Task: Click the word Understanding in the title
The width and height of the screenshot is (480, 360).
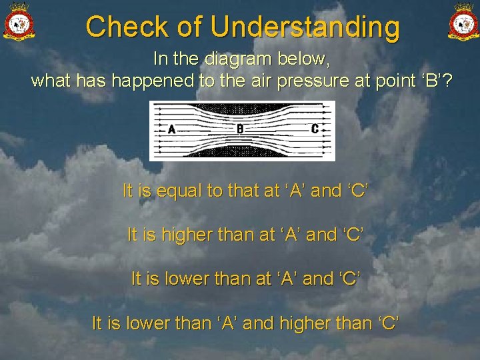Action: pos(305,28)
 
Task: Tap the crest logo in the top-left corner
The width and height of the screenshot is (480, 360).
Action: pos(19,21)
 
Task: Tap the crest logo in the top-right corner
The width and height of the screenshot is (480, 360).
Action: pos(463,21)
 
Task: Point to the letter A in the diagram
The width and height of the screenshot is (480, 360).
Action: pos(172,129)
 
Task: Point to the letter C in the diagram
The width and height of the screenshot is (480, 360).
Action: pos(315,129)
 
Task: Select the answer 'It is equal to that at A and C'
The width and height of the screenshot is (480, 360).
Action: pos(245,191)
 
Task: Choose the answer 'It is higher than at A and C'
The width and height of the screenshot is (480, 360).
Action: pos(245,235)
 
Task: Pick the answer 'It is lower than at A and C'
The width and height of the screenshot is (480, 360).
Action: pos(245,279)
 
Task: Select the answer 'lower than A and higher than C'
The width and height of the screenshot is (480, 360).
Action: pos(245,323)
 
